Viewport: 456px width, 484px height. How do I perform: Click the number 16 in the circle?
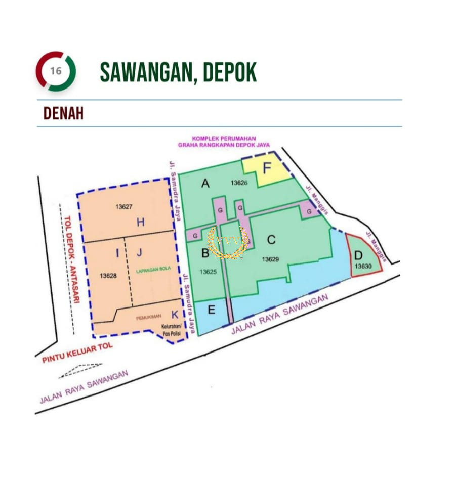[56, 71]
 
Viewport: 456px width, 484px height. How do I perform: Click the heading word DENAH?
[63, 114]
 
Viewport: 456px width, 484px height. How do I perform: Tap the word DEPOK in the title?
[230, 72]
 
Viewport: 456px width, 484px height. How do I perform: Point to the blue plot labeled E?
[212, 310]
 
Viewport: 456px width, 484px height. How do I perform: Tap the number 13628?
[108, 276]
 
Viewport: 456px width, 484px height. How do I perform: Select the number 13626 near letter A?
[239, 183]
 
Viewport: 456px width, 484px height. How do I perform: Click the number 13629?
[271, 259]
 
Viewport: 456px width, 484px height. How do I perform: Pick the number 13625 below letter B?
[208, 272]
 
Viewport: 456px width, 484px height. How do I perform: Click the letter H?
[140, 222]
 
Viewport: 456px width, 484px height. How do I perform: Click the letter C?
[271, 240]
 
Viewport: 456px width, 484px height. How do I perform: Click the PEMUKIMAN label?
[148, 317]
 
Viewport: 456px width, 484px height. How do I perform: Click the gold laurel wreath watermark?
[228, 242]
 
